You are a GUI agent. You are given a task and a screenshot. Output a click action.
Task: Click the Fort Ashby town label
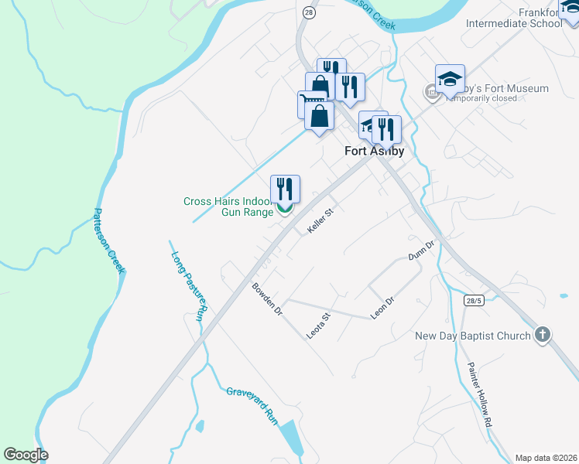tap(374, 152)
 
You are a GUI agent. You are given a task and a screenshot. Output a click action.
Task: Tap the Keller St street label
tap(319, 223)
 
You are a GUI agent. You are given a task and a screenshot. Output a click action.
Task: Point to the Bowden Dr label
tap(267, 300)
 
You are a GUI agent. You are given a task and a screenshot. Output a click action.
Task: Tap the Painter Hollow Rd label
tap(478, 394)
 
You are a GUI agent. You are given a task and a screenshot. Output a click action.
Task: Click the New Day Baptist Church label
tap(473, 336)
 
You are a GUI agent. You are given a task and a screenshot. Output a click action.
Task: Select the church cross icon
tap(543, 335)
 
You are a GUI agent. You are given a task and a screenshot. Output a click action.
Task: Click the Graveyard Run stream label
tap(252, 403)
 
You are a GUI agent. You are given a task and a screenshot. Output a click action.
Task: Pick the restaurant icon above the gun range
tap(285, 188)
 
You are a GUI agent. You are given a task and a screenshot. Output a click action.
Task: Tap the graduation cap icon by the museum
tap(450, 78)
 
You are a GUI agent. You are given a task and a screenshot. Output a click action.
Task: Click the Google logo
tap(26, 455)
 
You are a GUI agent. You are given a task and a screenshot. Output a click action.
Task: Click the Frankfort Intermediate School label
tap(514, 17)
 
